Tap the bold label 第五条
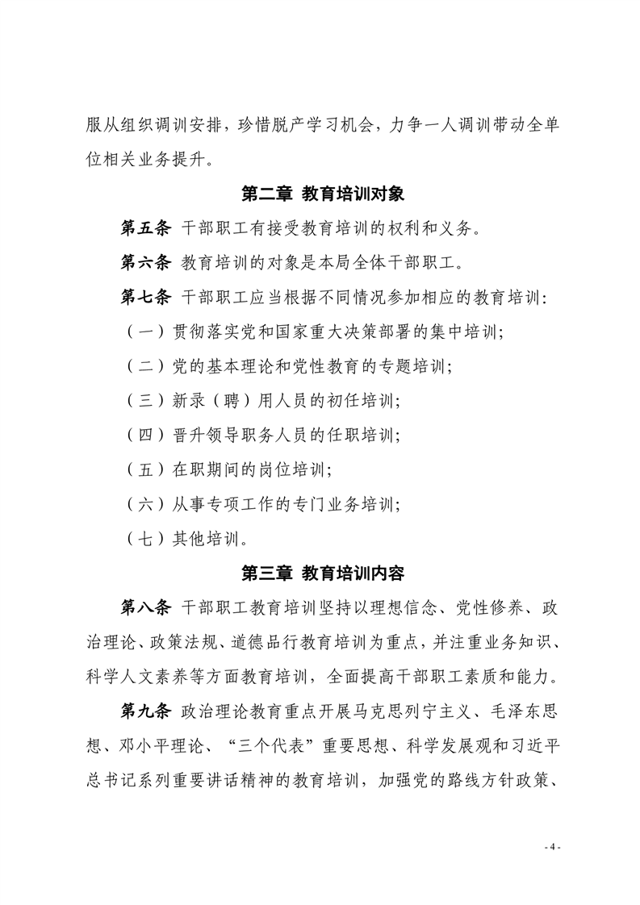(x=145, y=229)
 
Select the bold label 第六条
(x=145, y=263)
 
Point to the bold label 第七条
(x=145, y=297)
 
